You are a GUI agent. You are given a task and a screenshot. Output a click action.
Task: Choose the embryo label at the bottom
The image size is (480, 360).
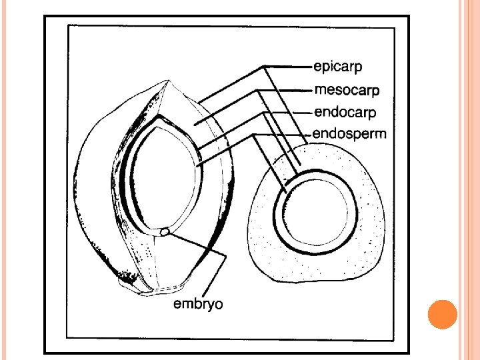pyautogui.click(x=198, y=305)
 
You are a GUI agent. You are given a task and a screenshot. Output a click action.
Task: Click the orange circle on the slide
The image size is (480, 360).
pyautogui.click(x=441, y=315)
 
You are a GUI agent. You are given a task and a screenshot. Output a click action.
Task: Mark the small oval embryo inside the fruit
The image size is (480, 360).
pyautogui.click(x=164, y=232)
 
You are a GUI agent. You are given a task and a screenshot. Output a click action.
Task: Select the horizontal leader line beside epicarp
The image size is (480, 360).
pyautogui.click(x=287, y=66)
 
